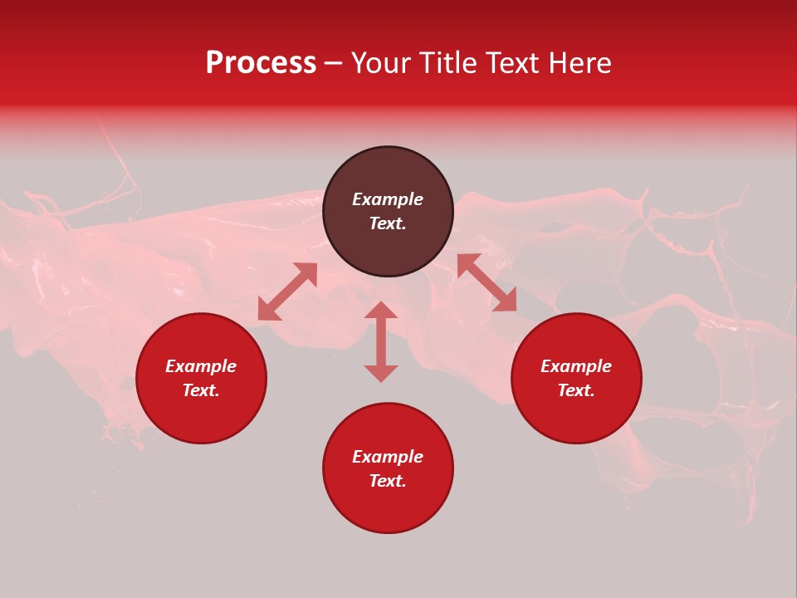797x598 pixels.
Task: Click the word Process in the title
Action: point(261,63)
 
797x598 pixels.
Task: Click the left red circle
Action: point(201,415)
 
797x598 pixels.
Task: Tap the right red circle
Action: point(576,415)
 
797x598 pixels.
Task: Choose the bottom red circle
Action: point(388,507)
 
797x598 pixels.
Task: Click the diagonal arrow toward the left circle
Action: point(287,292)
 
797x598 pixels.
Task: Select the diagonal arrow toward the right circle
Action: point(487,282)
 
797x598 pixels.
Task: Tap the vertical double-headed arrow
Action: point(381,341)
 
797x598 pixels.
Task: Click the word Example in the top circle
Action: point(388,199)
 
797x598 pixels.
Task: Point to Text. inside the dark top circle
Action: point(388,223)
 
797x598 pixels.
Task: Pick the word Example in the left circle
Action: point(201,366)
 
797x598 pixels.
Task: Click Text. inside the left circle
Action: point(201,390)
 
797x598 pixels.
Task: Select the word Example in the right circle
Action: point(576,366)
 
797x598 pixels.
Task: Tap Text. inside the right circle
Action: point(576,390)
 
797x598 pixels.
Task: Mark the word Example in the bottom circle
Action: point(388,457)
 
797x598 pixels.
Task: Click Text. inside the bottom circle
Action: point(388,481)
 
